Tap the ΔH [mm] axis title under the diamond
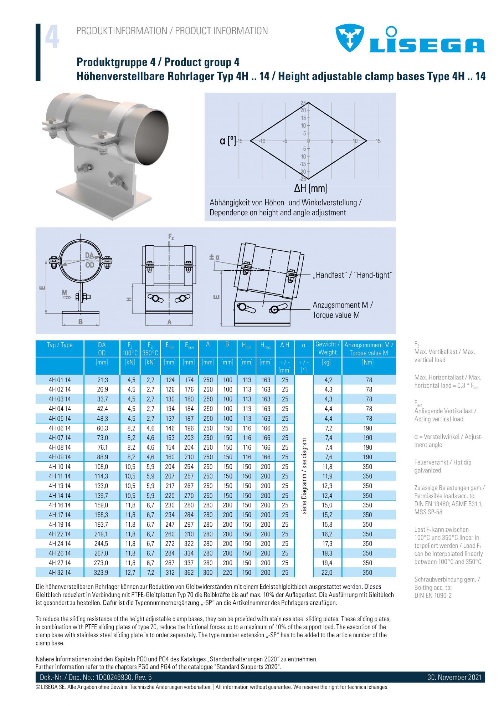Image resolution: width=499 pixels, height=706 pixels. (310, 188)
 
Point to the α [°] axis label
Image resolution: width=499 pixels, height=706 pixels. (228, 140)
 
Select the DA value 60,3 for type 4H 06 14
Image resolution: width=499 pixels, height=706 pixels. (102, 428)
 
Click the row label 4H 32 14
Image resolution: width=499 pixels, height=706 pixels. (60, 573)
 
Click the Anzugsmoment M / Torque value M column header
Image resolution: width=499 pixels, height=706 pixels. (369, 349)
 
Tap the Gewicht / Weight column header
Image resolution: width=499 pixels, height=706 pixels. (327, 348)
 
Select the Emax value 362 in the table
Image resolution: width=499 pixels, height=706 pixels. (189, 573)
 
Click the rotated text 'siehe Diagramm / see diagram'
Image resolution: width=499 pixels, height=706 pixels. (304, 476)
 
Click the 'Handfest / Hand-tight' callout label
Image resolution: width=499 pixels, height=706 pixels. (352, 275)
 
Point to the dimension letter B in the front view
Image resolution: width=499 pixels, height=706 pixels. (81, 322)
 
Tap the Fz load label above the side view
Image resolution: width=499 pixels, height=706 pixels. (171, 237)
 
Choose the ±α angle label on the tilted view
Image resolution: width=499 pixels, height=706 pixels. (214, 257)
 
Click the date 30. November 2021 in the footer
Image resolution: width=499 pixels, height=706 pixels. (454, 677)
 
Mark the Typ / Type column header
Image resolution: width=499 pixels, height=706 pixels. (60, 345)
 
